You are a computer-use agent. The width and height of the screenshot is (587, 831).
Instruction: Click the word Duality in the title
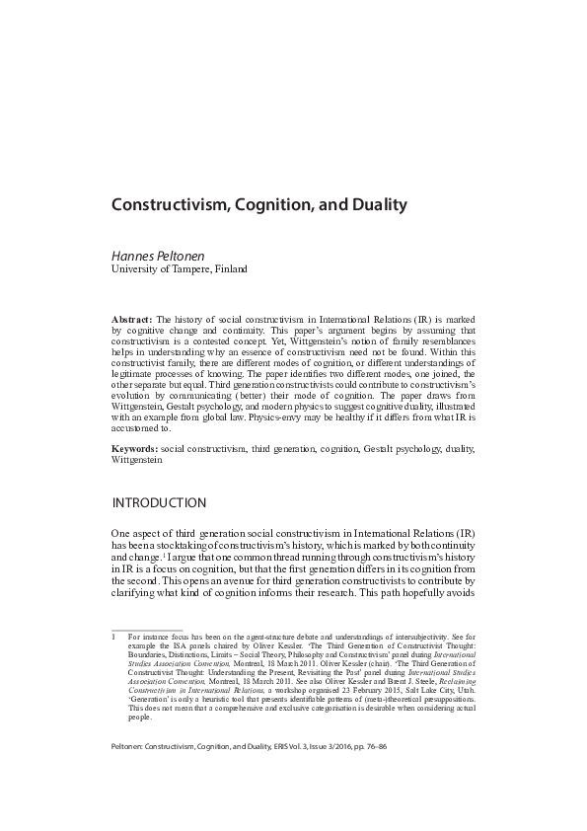point(373,206)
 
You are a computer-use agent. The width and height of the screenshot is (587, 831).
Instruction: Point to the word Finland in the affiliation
point(227,268)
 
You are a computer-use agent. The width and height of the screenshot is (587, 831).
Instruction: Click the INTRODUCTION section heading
point(159,503)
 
